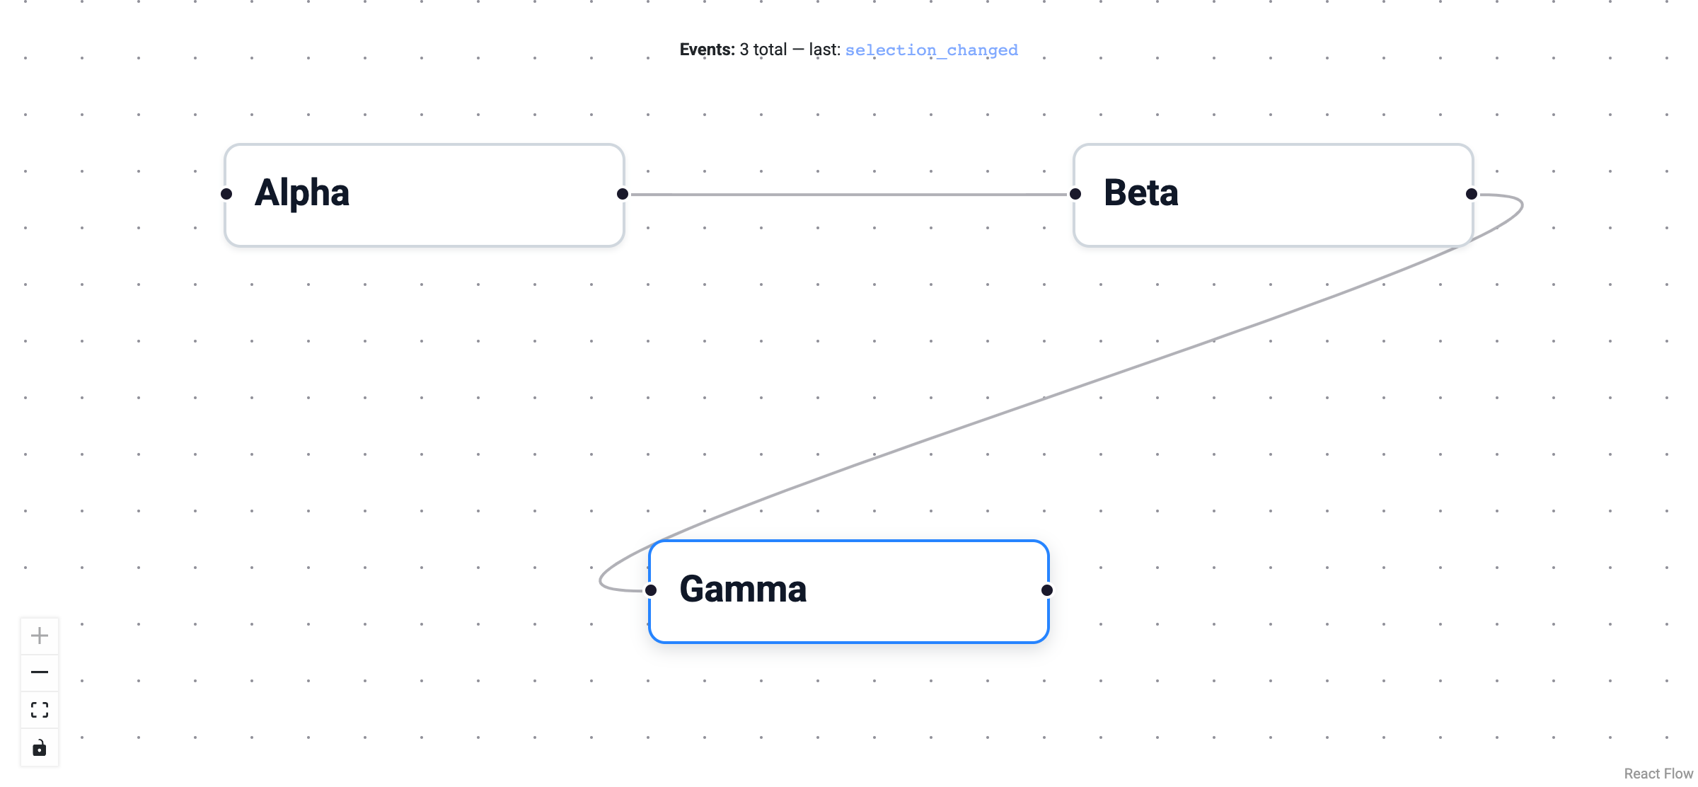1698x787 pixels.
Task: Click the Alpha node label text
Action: [302, 193]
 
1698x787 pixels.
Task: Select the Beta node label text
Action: [1140, 193]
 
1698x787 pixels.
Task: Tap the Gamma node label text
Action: [743, 590]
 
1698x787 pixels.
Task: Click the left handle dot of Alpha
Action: [226, 194]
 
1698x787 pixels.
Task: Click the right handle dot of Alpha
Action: [623, 194]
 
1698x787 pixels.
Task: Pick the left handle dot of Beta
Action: [1075, 194]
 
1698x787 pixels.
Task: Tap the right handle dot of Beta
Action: [1472, 194]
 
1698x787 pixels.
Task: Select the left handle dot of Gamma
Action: [651, 590]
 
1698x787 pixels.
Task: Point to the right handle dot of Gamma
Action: [1047, 590]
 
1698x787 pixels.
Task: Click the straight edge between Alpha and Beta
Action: [849, 195]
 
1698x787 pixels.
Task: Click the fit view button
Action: [40, 710]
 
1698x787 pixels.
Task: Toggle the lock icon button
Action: [40, 748]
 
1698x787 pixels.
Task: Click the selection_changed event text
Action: [931, 50]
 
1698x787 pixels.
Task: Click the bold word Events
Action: [707, 50]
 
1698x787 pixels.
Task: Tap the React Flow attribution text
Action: [1658, 774]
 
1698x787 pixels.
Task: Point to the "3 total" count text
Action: [763, 50]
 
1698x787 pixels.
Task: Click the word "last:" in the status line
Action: [824, 50]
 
